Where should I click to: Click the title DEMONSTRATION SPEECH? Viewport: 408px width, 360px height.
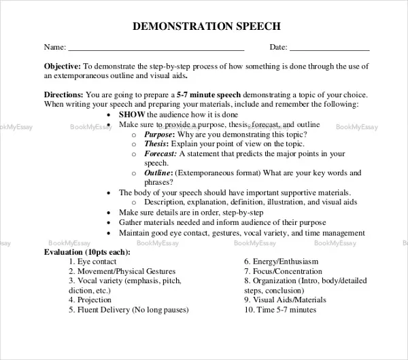pyautogui.click(x=204, y=26)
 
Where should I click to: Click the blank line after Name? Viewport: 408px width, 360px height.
pyautogui.click(x=156, y=50)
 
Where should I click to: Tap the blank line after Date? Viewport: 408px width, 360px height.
pyautogui.click(x=329, y=50)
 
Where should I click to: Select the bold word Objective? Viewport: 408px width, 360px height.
pyautogui.click(x=62, y=67)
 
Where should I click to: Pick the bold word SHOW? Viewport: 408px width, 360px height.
pyautogui.click(x=130, y=115)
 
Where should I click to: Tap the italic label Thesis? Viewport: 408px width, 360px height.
pyautogui.click(x=156, y=144)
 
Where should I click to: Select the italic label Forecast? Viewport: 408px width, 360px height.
pyautogui.click(x=160, y=154)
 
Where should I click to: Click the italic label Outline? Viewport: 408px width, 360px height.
pyautogui.click(x=158, y=173)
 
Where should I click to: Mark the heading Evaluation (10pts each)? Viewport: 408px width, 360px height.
pyautogui.click(x=87, y=252)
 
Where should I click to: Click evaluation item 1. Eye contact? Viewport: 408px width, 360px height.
pyautogui.click(x=93, y=262)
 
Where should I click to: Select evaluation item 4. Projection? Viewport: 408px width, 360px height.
pyautogui.click(x=90, y=300)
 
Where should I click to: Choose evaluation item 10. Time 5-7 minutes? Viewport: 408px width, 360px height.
pyautogui.click(x=280, y=309)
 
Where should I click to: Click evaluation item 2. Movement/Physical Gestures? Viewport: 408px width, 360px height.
pyautogui.click(x=122, y=271)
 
